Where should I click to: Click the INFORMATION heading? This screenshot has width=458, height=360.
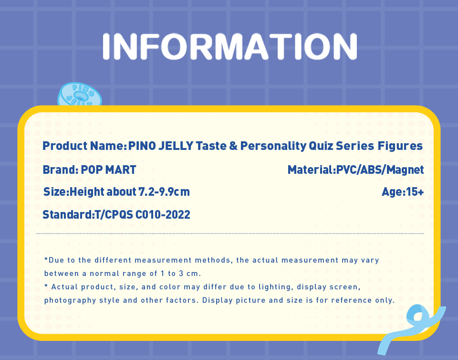229,46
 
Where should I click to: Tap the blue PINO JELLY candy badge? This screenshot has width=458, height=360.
80,95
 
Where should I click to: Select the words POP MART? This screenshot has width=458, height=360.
108,170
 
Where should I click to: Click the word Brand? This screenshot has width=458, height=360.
59,170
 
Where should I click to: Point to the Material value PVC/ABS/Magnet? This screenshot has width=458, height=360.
380,170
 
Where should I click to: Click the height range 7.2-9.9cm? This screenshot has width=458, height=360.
164,192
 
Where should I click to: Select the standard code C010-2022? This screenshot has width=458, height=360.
163,215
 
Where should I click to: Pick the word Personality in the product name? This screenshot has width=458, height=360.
273,146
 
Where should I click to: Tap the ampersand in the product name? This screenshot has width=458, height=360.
233,146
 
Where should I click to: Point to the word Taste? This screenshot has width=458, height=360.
211,146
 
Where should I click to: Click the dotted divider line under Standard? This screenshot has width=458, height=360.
230,233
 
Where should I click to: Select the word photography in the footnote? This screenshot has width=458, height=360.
70,300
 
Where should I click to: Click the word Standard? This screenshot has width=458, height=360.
67,215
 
